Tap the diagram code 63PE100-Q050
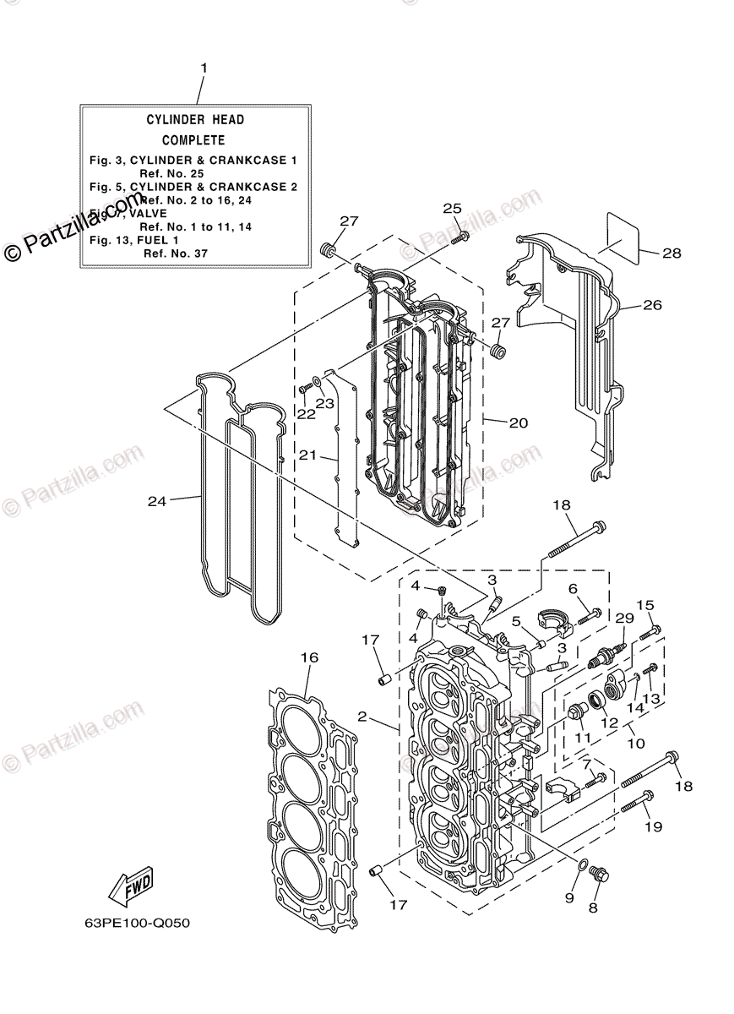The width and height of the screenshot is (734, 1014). pyautogui.click(x=126, y=923)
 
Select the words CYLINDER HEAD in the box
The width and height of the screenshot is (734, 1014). pyautogui.click(x=195, y=120)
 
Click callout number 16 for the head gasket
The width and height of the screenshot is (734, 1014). pyautogui.click(x=309, y=657)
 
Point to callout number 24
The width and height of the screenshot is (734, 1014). pyautogui.click(x=157, y=501)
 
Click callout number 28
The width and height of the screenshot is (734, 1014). pyautogui.click(x=671, y=253)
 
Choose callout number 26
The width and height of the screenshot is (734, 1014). pyautogui.click(x=653, y=305)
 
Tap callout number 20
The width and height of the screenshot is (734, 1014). pyautogui.click(x=519, y=422)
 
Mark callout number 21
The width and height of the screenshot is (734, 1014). pyautogui.click(x=307, y=455)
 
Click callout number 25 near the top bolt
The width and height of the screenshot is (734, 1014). pyautogui.click(x=453, y=209)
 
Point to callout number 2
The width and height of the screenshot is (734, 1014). pyautogui.click(x=362, y=717)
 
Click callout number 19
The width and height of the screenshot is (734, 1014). pyautogui.click(x=655, y=826)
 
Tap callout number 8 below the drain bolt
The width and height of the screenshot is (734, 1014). pyautogui.click(x=593, y=908)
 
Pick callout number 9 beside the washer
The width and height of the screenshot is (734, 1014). pyautogui.click(x=570, y=897)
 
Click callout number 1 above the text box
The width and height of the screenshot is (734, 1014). pyautogui.click(x=203, y=68)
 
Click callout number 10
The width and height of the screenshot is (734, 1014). pyautogui.click(x=636, y=744)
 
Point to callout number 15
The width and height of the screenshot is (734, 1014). pyautogui.click(x=645, y=605)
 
